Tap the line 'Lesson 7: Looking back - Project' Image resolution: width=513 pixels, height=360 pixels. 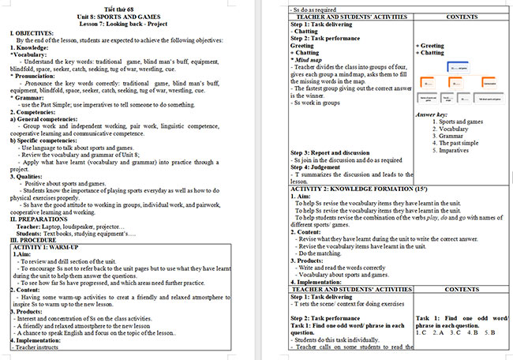tap(127, 23)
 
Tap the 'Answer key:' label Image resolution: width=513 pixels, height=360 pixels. tap(431, 115)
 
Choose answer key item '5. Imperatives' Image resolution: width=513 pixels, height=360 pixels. tap(455, 150)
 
